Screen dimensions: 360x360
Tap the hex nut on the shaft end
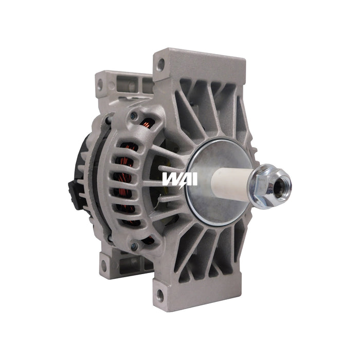tap(273, 185)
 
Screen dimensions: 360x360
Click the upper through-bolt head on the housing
tap(134, 115)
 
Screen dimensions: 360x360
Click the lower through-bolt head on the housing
tap(134, 247)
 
